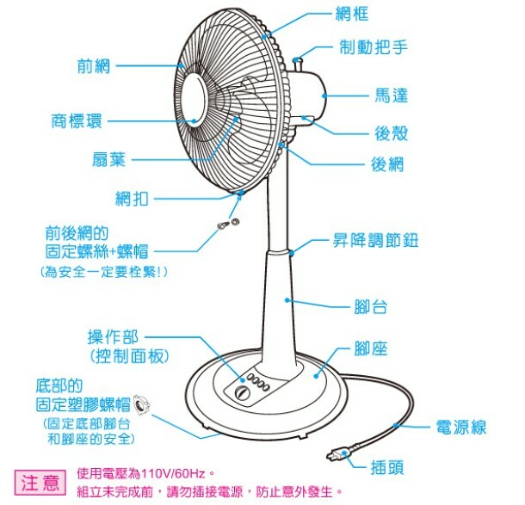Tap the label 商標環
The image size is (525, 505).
coord(77,121)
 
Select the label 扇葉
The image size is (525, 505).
coord(110,158)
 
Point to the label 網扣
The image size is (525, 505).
coord(133,199)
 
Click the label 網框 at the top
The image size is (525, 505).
coord(353,15)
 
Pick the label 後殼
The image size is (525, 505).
coord(391,133)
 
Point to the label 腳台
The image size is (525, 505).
coord(372,305)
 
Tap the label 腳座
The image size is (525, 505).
coord(371,348)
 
